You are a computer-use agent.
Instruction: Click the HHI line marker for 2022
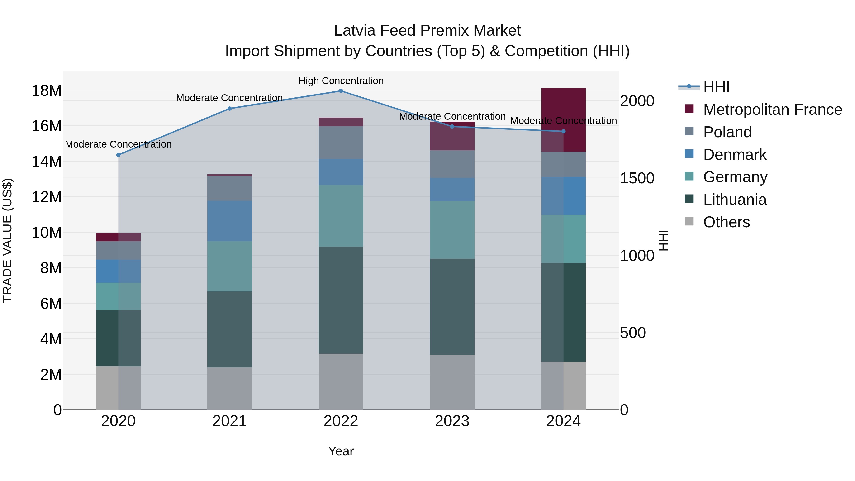(x=341, y=91)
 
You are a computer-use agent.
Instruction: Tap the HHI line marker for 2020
(x=119, y=155)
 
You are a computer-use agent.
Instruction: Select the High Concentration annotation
(x=341, y=81)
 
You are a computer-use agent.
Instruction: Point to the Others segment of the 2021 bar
(x=230, y=388)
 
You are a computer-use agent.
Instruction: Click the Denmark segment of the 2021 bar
(x=230, y=221)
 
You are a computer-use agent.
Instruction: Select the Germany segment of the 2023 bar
(x=452, y=230)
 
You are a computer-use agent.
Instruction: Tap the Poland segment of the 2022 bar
(x=341, y=143)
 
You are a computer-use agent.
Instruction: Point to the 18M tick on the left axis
(x=47, y=91)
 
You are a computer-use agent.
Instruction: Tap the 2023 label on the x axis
(x=452, y=421)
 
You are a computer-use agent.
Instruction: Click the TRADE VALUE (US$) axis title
(x=7, y=240)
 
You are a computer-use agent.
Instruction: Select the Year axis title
(x=341, y=451)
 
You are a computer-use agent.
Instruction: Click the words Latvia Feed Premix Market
(x=427, y=31)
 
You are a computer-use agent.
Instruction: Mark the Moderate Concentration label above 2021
(x=229, y=98)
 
